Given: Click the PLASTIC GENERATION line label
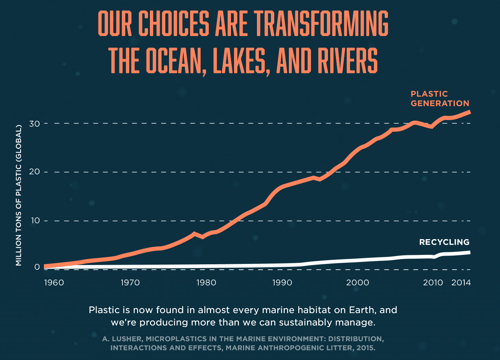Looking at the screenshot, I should (x=440, y=99).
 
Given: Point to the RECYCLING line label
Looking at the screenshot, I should (x=444, y=242).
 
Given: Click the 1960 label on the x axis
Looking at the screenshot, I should (x=54, y=282).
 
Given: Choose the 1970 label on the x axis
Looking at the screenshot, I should (x=130, y=282).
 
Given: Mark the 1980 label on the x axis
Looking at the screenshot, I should (x=206, y=282).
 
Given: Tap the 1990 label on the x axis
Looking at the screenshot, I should (x=282, y=282).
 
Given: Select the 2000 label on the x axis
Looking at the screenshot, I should (x=358, y=282).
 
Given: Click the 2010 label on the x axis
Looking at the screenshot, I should (x=433, y=282).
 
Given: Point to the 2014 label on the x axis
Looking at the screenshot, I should (x=461, y=282).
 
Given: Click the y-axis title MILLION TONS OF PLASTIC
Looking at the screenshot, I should (x=19, y=195).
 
